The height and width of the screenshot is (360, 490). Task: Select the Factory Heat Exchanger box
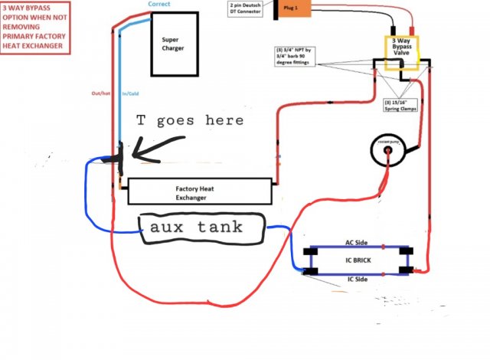[201, 190]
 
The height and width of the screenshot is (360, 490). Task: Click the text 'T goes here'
[190, 120]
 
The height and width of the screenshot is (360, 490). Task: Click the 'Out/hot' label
[101, 94]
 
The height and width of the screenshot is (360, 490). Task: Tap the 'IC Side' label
[358, 280]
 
